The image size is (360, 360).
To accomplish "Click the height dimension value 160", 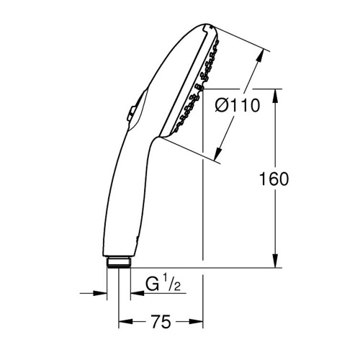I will (274, 179).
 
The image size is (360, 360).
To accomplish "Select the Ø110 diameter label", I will (238, 106).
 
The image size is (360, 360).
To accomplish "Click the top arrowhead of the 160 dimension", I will (274, 94).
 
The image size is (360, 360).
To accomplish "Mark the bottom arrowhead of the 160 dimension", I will (274, 264).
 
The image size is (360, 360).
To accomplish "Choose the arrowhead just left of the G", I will (135, 293).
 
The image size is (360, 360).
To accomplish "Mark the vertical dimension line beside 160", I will (274, 144).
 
